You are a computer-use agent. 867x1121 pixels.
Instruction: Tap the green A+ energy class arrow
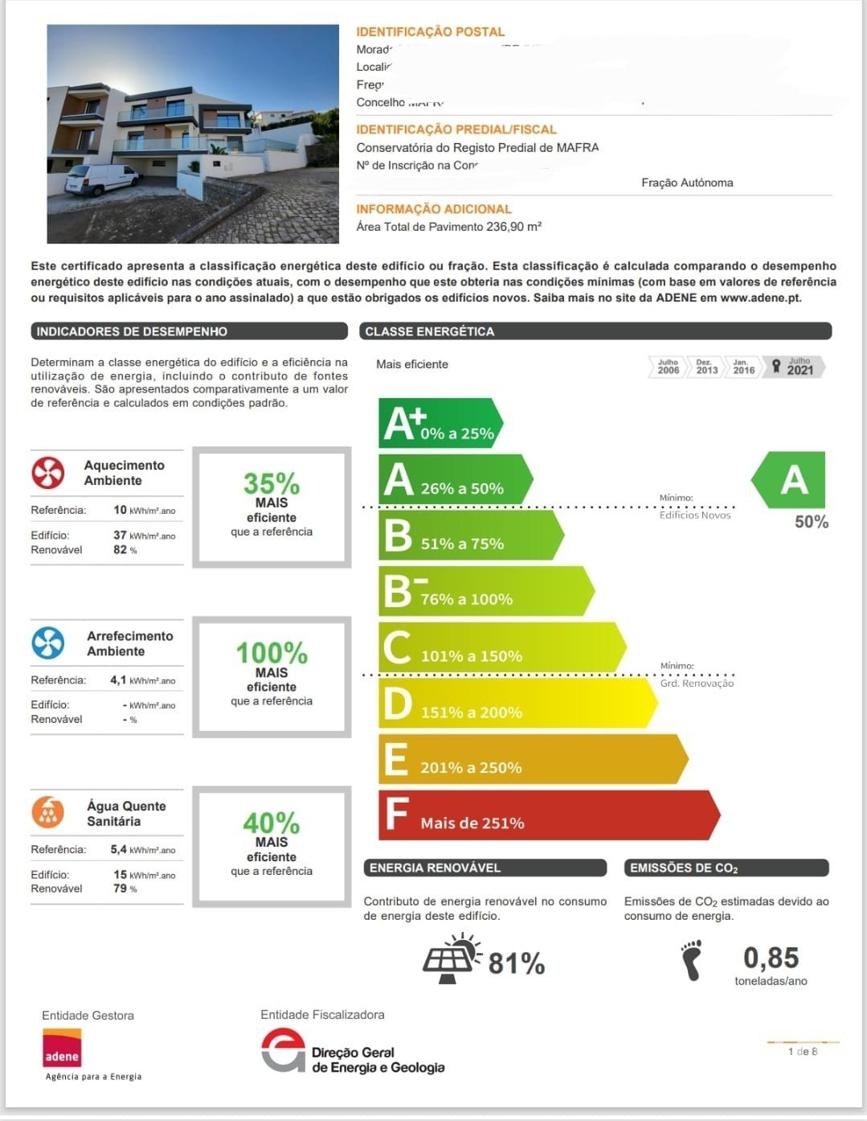click(x=439, y=423)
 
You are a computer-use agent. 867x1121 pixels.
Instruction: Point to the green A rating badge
click(x=791, y=480)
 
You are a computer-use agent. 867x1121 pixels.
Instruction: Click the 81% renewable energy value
click(x=517, y=963)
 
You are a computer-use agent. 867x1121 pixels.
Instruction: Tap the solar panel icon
click(x=451, y=959)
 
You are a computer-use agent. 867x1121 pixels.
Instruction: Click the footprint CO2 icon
click(x=691, y=960)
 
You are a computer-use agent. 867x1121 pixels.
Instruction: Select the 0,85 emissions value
click(x=771, y=958)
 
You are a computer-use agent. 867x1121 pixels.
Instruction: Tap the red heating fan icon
click(x=48, y=473)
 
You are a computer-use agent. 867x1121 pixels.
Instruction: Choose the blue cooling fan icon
click(x=48, y=643)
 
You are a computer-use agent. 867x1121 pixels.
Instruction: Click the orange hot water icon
click(x=48, y=812)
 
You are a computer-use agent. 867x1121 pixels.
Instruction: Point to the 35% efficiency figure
click(x=272, y=483)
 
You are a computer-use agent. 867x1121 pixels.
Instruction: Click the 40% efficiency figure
click(x=272, y=823)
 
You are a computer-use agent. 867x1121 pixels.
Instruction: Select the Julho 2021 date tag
click(x=795, y=367)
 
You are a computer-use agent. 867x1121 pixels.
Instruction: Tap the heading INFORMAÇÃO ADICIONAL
click(x=434, y=209)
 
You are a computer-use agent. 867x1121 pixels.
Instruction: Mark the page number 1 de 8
click(x=803, y=1051)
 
